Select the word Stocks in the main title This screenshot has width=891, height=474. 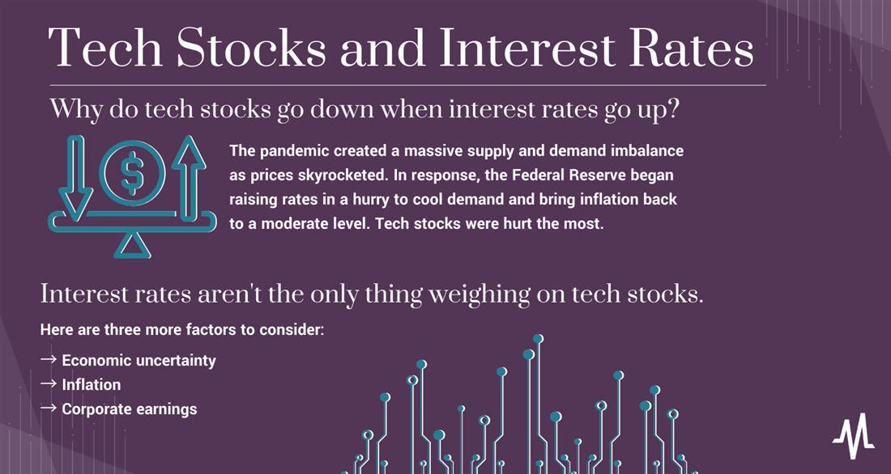251,47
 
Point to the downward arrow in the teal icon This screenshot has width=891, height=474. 75,177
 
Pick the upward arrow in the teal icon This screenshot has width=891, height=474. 189,177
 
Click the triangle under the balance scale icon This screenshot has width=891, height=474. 132,246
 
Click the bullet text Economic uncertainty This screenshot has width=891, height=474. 139,361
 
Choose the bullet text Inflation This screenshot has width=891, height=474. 92,385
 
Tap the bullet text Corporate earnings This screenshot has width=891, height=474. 130,409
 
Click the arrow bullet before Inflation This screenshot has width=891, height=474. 49,384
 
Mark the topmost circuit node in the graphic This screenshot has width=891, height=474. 538,339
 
